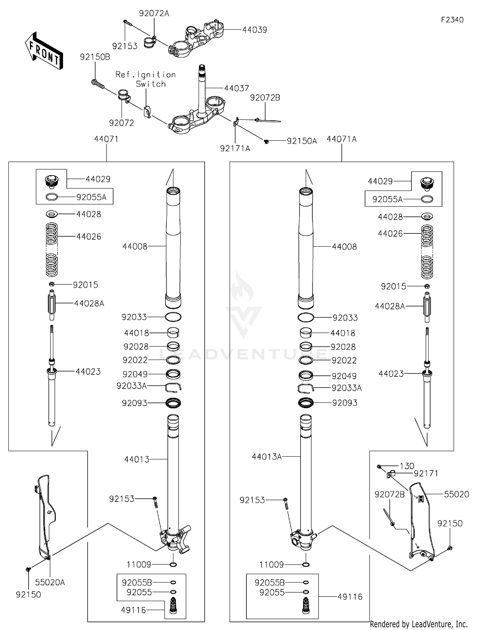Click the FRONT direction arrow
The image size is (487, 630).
[x=44, y=51]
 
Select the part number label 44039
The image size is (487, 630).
[x=255, y=30]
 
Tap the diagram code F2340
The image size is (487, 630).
[x=452, y=20]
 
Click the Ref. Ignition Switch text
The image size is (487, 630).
[x=146, y=79]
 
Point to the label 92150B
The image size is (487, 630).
[x=95, y=57]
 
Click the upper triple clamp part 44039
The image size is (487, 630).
[x=196, y=39]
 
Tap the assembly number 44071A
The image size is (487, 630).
[x=341, y=139]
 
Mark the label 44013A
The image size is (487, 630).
[x=267, y=457]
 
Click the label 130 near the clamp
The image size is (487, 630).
[x=407, y=466]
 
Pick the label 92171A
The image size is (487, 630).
[x=235, y=149]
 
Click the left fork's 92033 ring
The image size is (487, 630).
[x=173, y=317]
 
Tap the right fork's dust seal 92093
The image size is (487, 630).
[x=306, y=403]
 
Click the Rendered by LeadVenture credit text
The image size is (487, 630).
[x=418, y=624]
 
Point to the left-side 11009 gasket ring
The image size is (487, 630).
[x=173, y=564]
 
